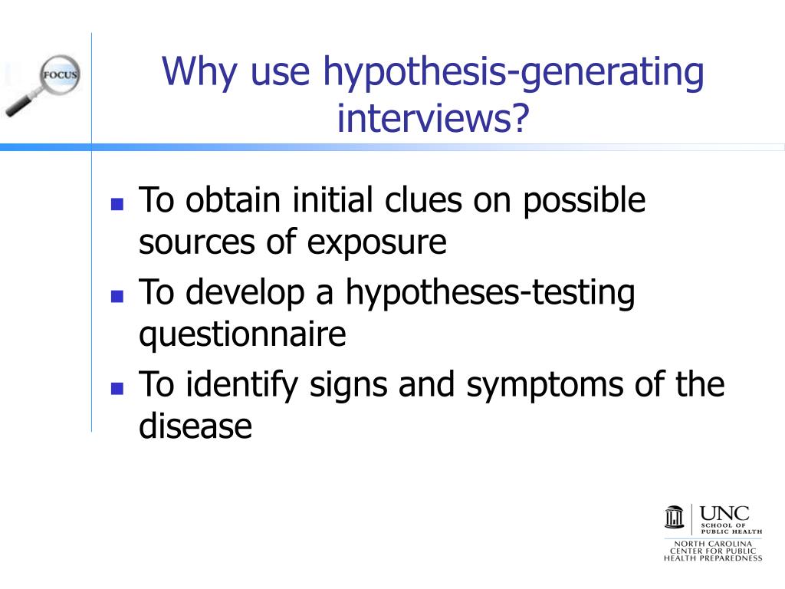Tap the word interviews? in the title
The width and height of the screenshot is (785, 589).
tap(434, 117)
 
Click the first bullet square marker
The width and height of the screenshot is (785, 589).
tap(117, 205)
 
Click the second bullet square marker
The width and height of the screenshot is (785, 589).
tap(117, 296)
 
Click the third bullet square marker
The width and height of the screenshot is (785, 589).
tap(117, 388)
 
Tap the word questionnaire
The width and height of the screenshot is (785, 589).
tap(242, 336)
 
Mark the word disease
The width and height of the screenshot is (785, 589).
tap(195, 426)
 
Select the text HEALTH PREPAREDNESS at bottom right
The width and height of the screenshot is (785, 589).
tap(713, 558)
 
